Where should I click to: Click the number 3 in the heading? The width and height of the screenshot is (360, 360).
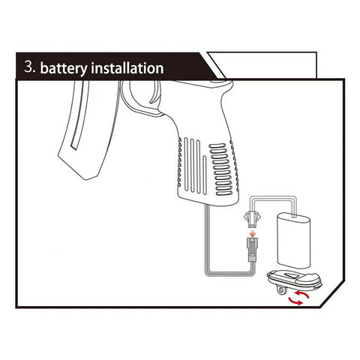pyautogui.click(x=28, y=67)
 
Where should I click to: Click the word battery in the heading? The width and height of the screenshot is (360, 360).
pyautogui.click(x=64, y=68)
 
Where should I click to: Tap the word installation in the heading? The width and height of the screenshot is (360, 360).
pyautogui.click(x=127, y=67)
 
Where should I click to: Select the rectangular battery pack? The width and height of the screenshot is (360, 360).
pyautogui.click(x=293, y=241)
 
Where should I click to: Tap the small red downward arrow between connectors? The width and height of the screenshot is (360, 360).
pyautogui.click(x=253, y=234)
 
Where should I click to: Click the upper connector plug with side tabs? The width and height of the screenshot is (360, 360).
pyautogui.click(x=253, y=219)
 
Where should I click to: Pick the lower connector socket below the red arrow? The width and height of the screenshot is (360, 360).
pyautogui.click(x=253, y=250)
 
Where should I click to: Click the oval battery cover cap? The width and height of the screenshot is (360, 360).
pyautogui.click(x=294, y=280)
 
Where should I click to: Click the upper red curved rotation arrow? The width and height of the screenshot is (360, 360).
pyautogui.click(x=301, y=294)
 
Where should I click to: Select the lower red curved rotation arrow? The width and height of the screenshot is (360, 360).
pyautogui.click(x=295, y=301)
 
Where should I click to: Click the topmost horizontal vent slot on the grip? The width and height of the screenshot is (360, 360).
pyautogui.click(x=217, y=145)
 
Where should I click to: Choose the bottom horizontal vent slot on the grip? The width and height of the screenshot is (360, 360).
pyautogui.click(x=224, y=193)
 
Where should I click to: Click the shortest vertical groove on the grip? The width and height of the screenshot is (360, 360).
pyautogui.click(x=205, y=175)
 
